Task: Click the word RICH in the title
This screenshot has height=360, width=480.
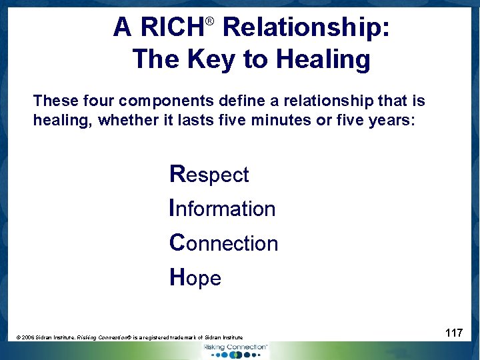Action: [172, 28]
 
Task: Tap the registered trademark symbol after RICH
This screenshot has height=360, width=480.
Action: [209, 21]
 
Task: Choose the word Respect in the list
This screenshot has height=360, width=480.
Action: [209, 175]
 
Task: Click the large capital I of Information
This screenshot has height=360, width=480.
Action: [173, 208]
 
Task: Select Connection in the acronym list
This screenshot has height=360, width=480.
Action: [224, 243]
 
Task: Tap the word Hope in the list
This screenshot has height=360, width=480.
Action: [195, 277]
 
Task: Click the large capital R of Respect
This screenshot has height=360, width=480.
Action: [177, 174]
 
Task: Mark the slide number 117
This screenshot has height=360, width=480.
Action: [454, 332]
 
